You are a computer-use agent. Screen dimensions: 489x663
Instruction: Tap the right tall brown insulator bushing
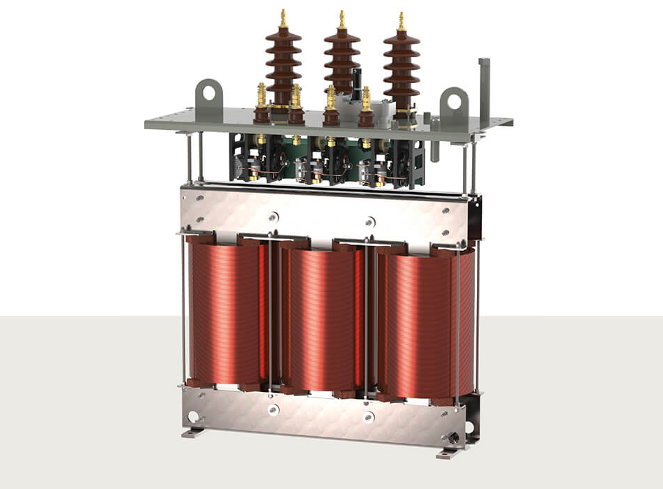tap(401, 66)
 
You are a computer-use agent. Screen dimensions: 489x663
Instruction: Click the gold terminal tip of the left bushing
tap(283, 17)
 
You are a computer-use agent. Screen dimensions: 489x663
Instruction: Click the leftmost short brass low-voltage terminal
tap(262, 94)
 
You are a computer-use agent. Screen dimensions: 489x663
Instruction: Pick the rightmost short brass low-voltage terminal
tap(366, 98)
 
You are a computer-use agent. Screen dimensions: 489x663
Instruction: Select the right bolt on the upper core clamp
tap(370, 222)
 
